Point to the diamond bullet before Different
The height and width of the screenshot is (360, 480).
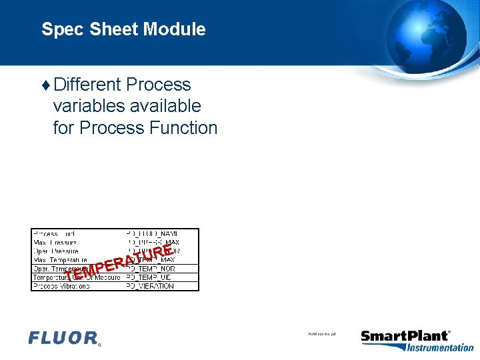point(45,85)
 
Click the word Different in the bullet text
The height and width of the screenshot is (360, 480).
point(87,85)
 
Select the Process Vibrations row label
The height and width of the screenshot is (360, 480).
point(61,286)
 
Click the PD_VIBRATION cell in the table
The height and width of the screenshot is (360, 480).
point(150,286)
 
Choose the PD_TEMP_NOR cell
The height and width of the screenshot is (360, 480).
point(150,269)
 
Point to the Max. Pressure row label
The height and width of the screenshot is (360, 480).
point(55,242)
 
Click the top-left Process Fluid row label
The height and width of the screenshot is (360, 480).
point(55,233)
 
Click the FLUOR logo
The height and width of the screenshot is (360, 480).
point(64,339)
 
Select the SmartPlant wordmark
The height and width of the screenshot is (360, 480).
point(404,336)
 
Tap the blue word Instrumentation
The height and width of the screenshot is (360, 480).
point(440,347)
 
